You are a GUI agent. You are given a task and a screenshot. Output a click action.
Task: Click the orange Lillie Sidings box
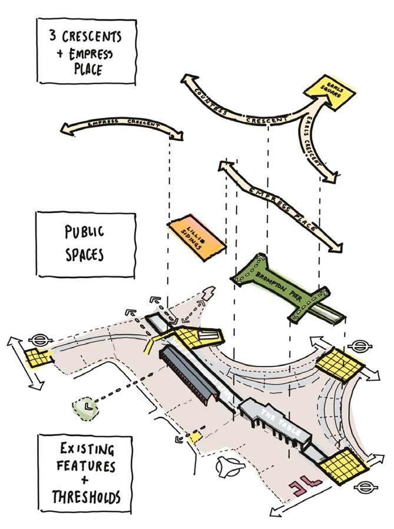click(197, 236)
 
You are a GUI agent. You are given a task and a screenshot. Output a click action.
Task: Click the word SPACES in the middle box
click(84, 254)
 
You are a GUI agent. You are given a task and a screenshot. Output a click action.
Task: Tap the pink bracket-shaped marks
click(301, 485)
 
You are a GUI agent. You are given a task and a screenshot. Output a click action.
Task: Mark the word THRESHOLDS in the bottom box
click(86, 497)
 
